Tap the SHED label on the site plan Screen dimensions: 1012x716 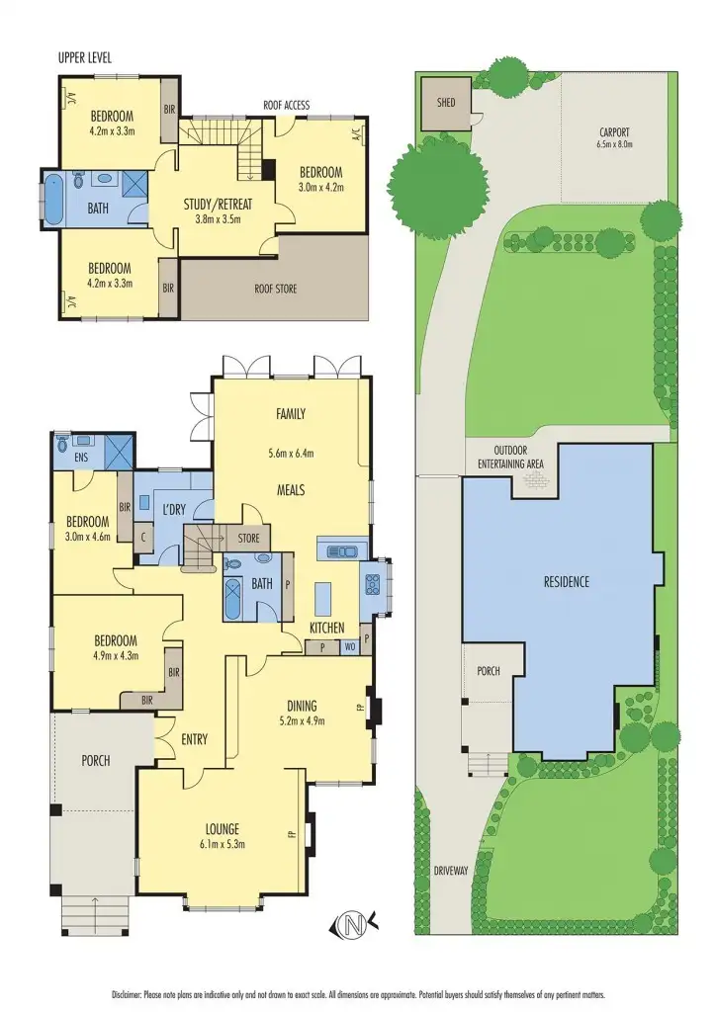pos(440,102)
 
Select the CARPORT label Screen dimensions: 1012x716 pos(614,131)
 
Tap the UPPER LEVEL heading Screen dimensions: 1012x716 pos(85,58)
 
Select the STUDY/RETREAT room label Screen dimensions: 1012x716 pos(218,205)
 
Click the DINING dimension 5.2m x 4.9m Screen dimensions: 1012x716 pos(302,720)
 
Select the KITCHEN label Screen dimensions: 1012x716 pos(327,628)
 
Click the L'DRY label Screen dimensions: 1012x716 pos(173,509)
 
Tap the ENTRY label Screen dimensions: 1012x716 pos(194,738)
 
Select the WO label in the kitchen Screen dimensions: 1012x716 pos(349,647)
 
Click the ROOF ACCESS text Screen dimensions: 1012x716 pos(287,104)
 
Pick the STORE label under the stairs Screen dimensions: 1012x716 pos(248,539)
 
